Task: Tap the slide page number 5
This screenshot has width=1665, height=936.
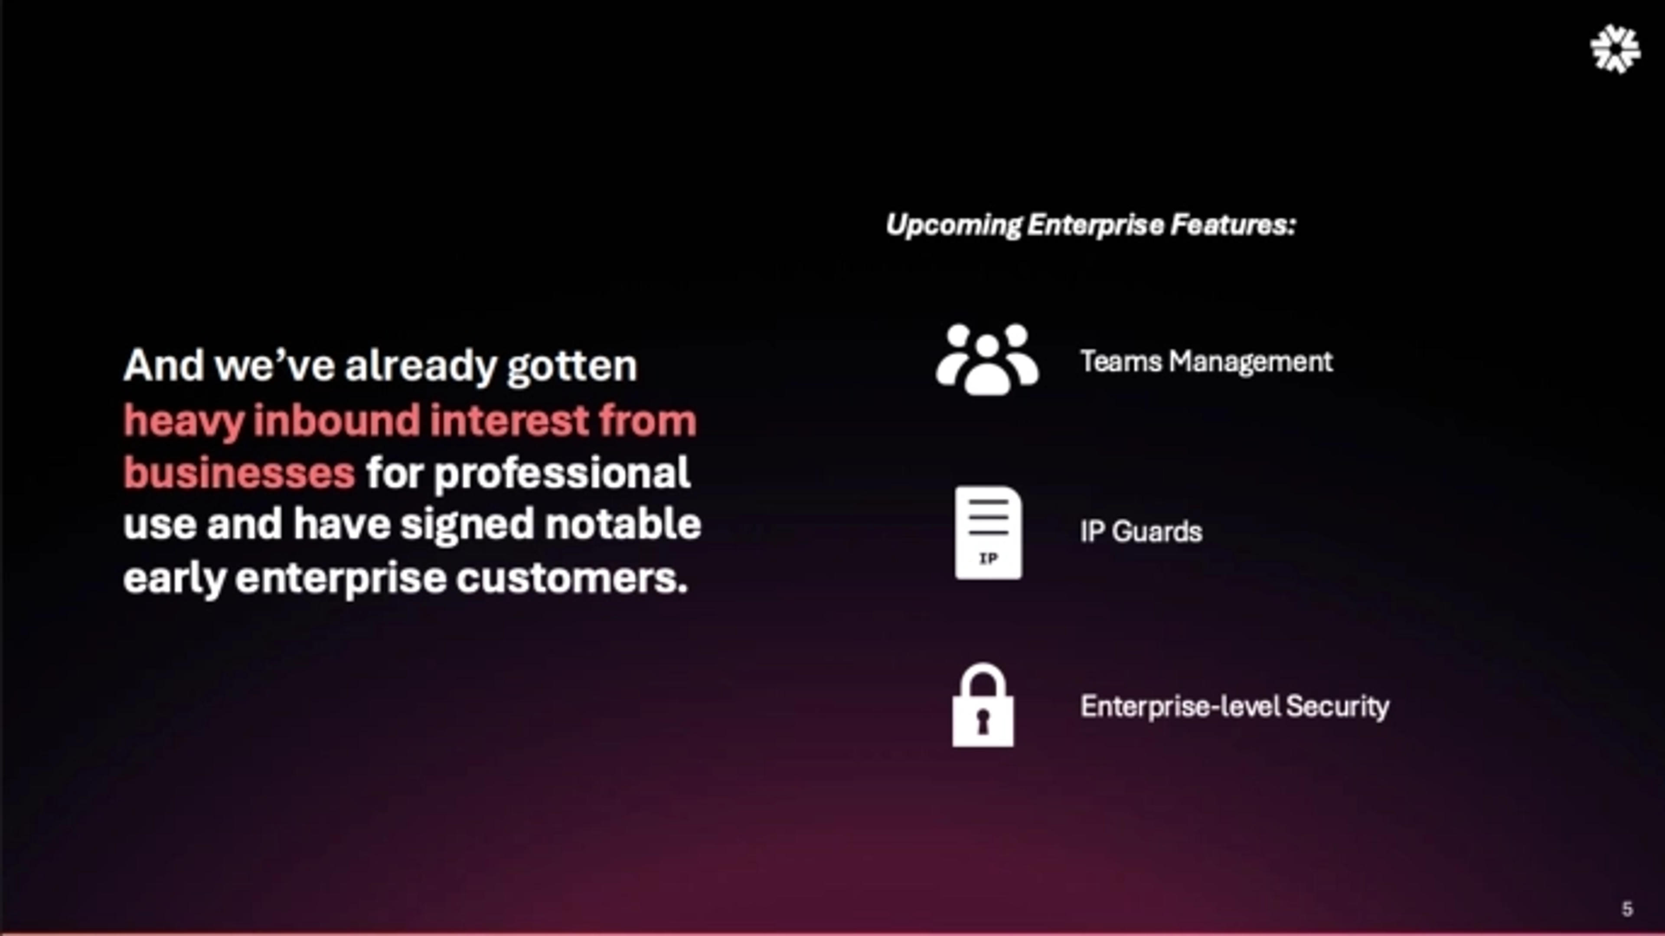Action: tap(1627, 909)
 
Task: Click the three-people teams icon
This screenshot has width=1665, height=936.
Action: tap(987, 360)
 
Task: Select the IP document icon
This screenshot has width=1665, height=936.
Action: tap(988, 533)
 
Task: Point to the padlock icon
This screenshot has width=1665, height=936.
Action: tap(983, 705)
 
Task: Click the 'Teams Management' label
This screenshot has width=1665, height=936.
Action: tap(1206, 361)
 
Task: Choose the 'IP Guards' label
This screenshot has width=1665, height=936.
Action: tap(1141, 531)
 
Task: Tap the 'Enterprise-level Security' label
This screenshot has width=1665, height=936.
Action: tap(1234, 706)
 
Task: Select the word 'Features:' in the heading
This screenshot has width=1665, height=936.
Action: tap(1233, 225)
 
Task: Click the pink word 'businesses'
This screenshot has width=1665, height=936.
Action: tap(239, 472)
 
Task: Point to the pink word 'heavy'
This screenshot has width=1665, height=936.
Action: tap(183, 421)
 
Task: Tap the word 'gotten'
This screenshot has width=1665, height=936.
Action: tap(572, 366)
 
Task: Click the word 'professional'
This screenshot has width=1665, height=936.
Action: tap(561, 472)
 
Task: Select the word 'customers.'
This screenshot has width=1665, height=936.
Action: tap(572, 577)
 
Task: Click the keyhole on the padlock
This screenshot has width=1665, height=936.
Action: tap(983, 721)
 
